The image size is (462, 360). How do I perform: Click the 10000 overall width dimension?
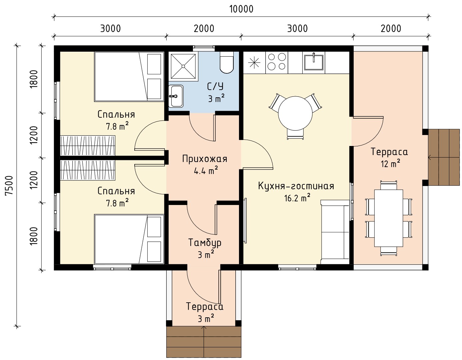242,9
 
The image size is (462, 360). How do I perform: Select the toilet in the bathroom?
227,62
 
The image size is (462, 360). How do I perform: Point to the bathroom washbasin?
176,96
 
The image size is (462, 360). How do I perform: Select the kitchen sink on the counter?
314,62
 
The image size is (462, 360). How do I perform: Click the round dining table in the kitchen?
295,113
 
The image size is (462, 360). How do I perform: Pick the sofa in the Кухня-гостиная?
335,232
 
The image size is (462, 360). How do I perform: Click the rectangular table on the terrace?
388,218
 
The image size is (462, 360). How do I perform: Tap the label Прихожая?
205,159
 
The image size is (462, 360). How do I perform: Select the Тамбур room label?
205,243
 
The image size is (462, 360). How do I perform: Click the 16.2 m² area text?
297,198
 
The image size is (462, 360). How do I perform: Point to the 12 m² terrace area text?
391,164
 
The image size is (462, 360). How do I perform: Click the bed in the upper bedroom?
129,77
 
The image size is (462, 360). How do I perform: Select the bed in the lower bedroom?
129,239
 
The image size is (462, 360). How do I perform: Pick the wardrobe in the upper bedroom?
88,146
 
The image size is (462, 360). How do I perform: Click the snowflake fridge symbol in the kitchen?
254,63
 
